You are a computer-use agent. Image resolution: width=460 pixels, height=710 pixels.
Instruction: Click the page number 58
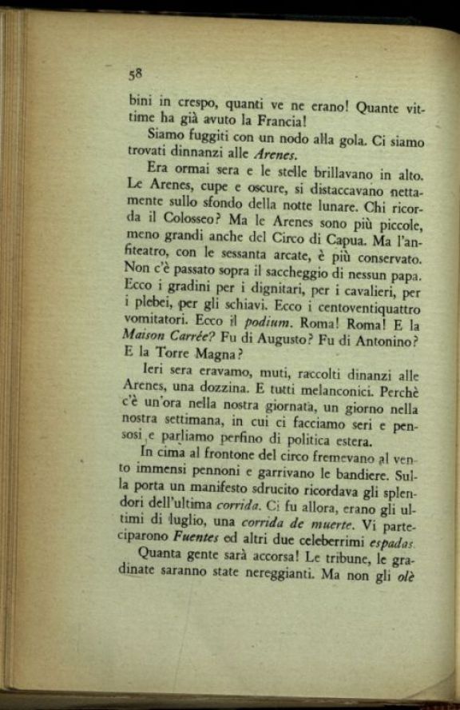(x=134, y=74)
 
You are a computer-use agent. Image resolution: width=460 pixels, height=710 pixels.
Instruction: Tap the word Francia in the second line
(x=299, y=122)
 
